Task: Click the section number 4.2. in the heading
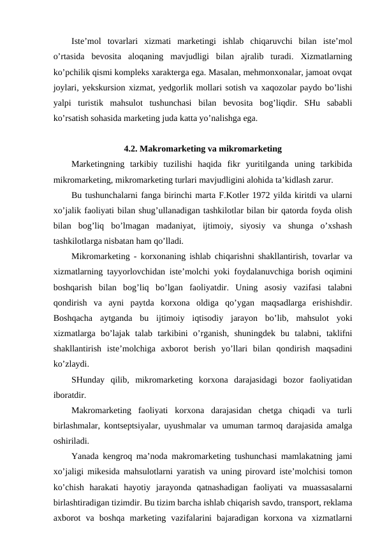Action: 132,149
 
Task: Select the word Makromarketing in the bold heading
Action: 171,149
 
